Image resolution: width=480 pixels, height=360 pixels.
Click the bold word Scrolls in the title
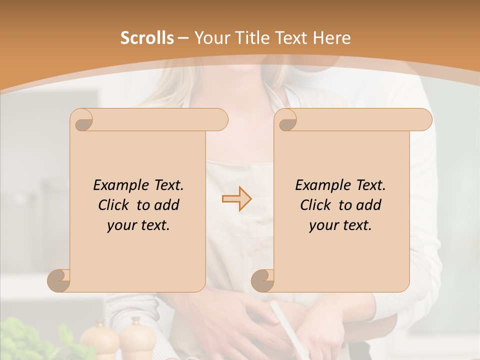pyautogui.click(x=147, y=38)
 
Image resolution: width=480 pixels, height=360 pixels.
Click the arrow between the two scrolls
pyautogui.click(x=236, y=199)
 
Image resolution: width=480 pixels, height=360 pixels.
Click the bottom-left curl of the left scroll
pyautogui.click(x=59, y=280)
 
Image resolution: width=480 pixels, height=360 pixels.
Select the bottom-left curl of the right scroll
pyautogui.click(x=263, y=280)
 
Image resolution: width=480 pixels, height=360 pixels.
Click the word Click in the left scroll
pyautogui.click(x=115, y=205)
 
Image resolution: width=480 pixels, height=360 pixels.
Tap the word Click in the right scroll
pyautogui.click(x=317, y=205)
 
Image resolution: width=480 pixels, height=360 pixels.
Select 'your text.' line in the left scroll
pyautogui.click(x=138, y=225)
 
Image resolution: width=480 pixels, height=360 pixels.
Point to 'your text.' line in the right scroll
pyautogui.click(x=340, y=225)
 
